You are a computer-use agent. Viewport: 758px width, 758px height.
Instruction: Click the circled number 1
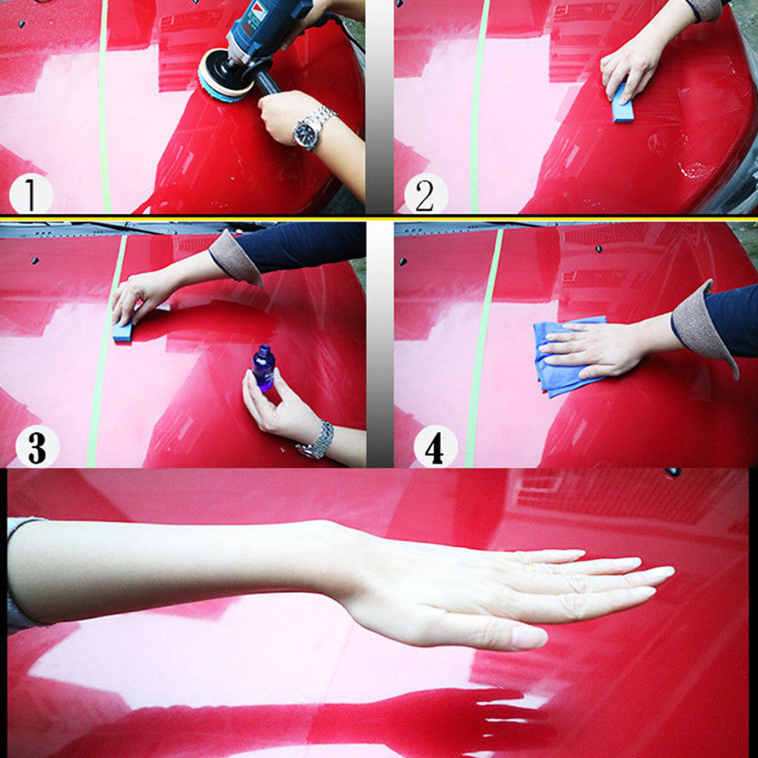31,194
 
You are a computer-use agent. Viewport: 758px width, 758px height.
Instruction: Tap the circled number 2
426,194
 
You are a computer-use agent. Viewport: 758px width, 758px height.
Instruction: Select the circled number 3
37,446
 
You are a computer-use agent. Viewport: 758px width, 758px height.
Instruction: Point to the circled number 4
435,446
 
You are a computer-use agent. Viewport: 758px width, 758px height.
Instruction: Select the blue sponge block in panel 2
622,104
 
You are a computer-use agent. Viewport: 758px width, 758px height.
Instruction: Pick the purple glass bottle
264,368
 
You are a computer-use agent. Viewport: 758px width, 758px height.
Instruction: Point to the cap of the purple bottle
264,349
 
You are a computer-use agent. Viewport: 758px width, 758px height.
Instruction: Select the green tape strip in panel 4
483,348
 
